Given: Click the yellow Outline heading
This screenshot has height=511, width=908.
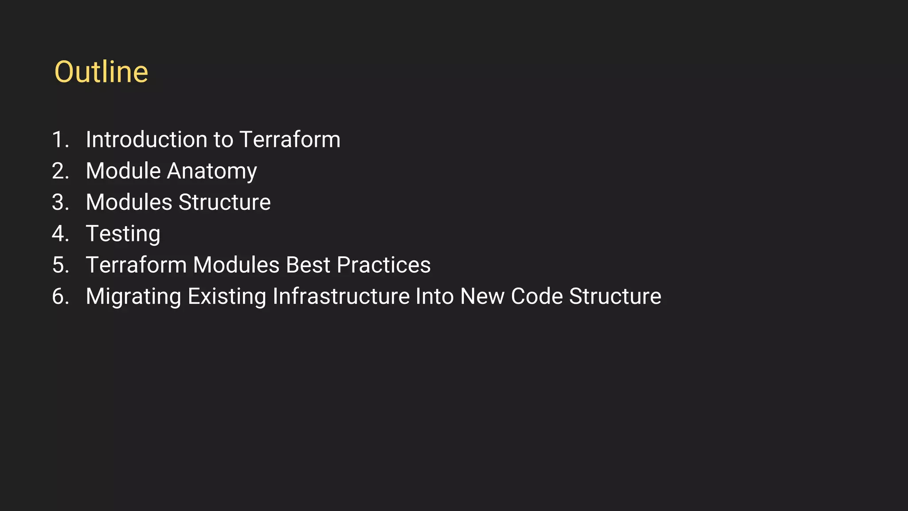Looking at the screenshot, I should coord(101,72).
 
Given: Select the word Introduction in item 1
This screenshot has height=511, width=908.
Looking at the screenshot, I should coord(146,140).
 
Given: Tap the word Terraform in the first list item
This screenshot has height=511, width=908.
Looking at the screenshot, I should coord(290,140).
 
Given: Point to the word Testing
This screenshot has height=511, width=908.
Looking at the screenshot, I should coord(123,234).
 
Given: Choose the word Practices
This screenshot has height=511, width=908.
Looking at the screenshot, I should coord(384,265).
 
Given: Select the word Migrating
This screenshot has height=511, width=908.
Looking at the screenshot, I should coord(133,297).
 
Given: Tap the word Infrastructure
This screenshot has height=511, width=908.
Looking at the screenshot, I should coord(341,296).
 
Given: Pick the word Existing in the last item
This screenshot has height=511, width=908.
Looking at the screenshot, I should coord(227,297).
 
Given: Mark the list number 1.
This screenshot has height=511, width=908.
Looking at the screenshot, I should coord(60,140).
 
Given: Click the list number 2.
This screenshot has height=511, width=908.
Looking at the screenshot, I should coord(60,171).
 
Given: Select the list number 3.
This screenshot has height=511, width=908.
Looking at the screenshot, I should coord(60,203).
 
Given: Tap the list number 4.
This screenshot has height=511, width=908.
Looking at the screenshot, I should coord(60,234).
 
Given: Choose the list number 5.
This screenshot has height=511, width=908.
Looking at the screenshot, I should coord(60,265).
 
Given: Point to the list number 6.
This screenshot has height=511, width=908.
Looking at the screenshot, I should coord(60,296).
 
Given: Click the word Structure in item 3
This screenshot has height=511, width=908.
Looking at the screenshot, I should coord(224,203).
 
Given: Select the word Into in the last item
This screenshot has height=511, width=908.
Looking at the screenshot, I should coord(434,296).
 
